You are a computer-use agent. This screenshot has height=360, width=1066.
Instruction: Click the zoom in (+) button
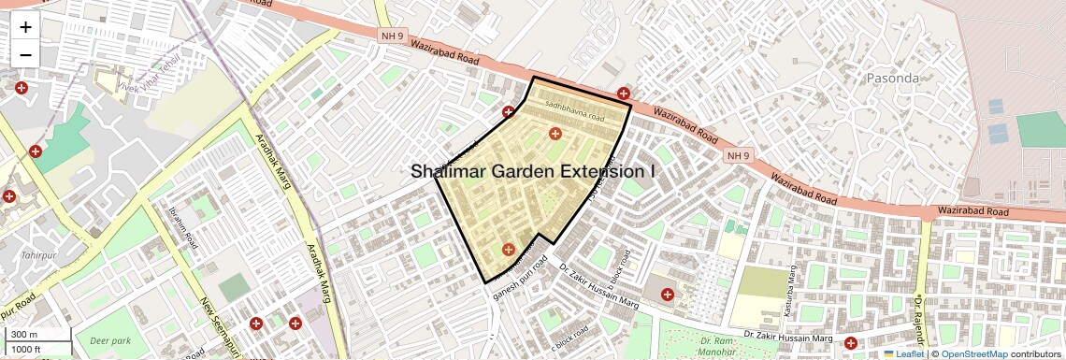(x=25, y=27)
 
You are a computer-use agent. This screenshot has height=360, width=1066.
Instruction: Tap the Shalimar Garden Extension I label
(x=533, y=171)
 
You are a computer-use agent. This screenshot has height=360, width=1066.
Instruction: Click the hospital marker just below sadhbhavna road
(x=555, y=135)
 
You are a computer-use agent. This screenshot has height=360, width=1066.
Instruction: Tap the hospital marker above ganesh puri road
(x=508, y=249)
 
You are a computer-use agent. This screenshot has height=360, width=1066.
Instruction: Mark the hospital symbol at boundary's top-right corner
(x=624, y=93)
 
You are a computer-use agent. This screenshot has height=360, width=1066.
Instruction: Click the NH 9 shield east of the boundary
(x=738, y=154)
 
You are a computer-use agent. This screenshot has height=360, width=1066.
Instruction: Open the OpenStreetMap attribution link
(x=973, y=353)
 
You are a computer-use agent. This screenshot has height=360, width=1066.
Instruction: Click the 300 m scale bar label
(x=24, y=335)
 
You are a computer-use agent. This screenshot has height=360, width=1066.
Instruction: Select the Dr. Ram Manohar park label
(x=715, y=349)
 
